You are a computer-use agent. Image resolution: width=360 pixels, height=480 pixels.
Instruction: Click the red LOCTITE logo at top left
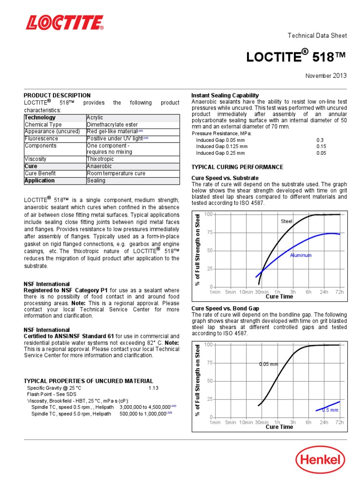click(65, 22)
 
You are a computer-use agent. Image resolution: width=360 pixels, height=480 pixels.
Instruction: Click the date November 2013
click(326, 75)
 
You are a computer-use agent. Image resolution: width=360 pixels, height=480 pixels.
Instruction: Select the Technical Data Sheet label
click(317, 36)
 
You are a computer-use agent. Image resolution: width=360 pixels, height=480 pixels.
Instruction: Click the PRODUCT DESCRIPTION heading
click(57, 95)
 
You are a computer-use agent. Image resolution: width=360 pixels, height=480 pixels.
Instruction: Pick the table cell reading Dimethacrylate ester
click(112, 124)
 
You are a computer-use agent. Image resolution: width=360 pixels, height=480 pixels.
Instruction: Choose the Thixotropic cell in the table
click(100, 159)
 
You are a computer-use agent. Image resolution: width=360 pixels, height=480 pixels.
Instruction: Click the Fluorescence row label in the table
click(41, 138)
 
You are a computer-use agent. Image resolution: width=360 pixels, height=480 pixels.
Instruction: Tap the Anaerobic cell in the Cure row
click(99, 166)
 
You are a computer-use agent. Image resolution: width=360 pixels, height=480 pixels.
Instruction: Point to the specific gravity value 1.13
click(154, 388)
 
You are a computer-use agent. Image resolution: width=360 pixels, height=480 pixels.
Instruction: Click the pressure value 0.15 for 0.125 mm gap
click(321, 146)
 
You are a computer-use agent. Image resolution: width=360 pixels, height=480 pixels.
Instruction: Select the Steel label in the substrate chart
click(286, 221)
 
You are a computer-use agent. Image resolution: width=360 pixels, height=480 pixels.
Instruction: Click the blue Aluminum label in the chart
click(300, 255)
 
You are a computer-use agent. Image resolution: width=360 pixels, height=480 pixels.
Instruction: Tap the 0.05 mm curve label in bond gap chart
click(268, 364)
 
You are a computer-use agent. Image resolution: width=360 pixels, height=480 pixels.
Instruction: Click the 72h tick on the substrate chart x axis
click(339, 292)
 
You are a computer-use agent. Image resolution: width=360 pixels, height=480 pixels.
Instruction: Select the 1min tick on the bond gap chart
click(215, 422)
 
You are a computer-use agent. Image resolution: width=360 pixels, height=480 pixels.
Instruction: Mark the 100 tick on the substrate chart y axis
click(209, 214)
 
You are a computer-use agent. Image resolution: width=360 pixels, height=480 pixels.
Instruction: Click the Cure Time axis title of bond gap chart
click(279, 427)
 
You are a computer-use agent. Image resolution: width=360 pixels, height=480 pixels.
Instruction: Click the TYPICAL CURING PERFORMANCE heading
click(237, 167)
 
